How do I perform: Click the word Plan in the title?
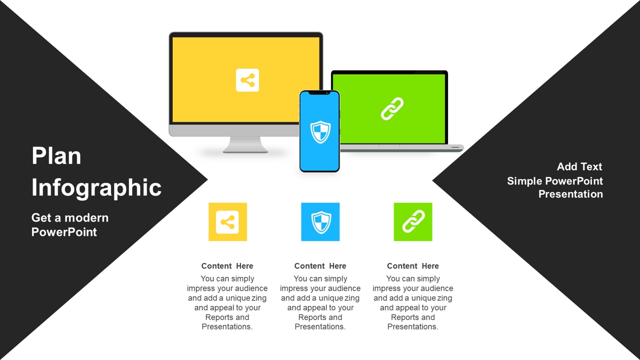(57, 156)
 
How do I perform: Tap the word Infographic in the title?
(97, 187)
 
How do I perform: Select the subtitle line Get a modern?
(70, 218)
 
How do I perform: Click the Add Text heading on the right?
(579, 166)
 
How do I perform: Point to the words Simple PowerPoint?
(555, 181)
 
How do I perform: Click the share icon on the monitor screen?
(247, 81)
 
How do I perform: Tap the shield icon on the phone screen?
(321, 132)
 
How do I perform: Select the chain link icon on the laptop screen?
(393, 109)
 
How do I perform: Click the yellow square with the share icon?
(228, 222)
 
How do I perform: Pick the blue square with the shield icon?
(321, 222)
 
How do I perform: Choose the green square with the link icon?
(413, 222)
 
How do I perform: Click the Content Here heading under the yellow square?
(227, 266)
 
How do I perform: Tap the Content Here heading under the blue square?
(320, 266)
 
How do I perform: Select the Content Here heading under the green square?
(413, 266)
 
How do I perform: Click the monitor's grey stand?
(245, 145)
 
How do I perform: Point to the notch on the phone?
(319, 93)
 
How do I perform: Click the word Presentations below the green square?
(413, 326)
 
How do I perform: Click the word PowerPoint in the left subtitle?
(64, 232)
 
